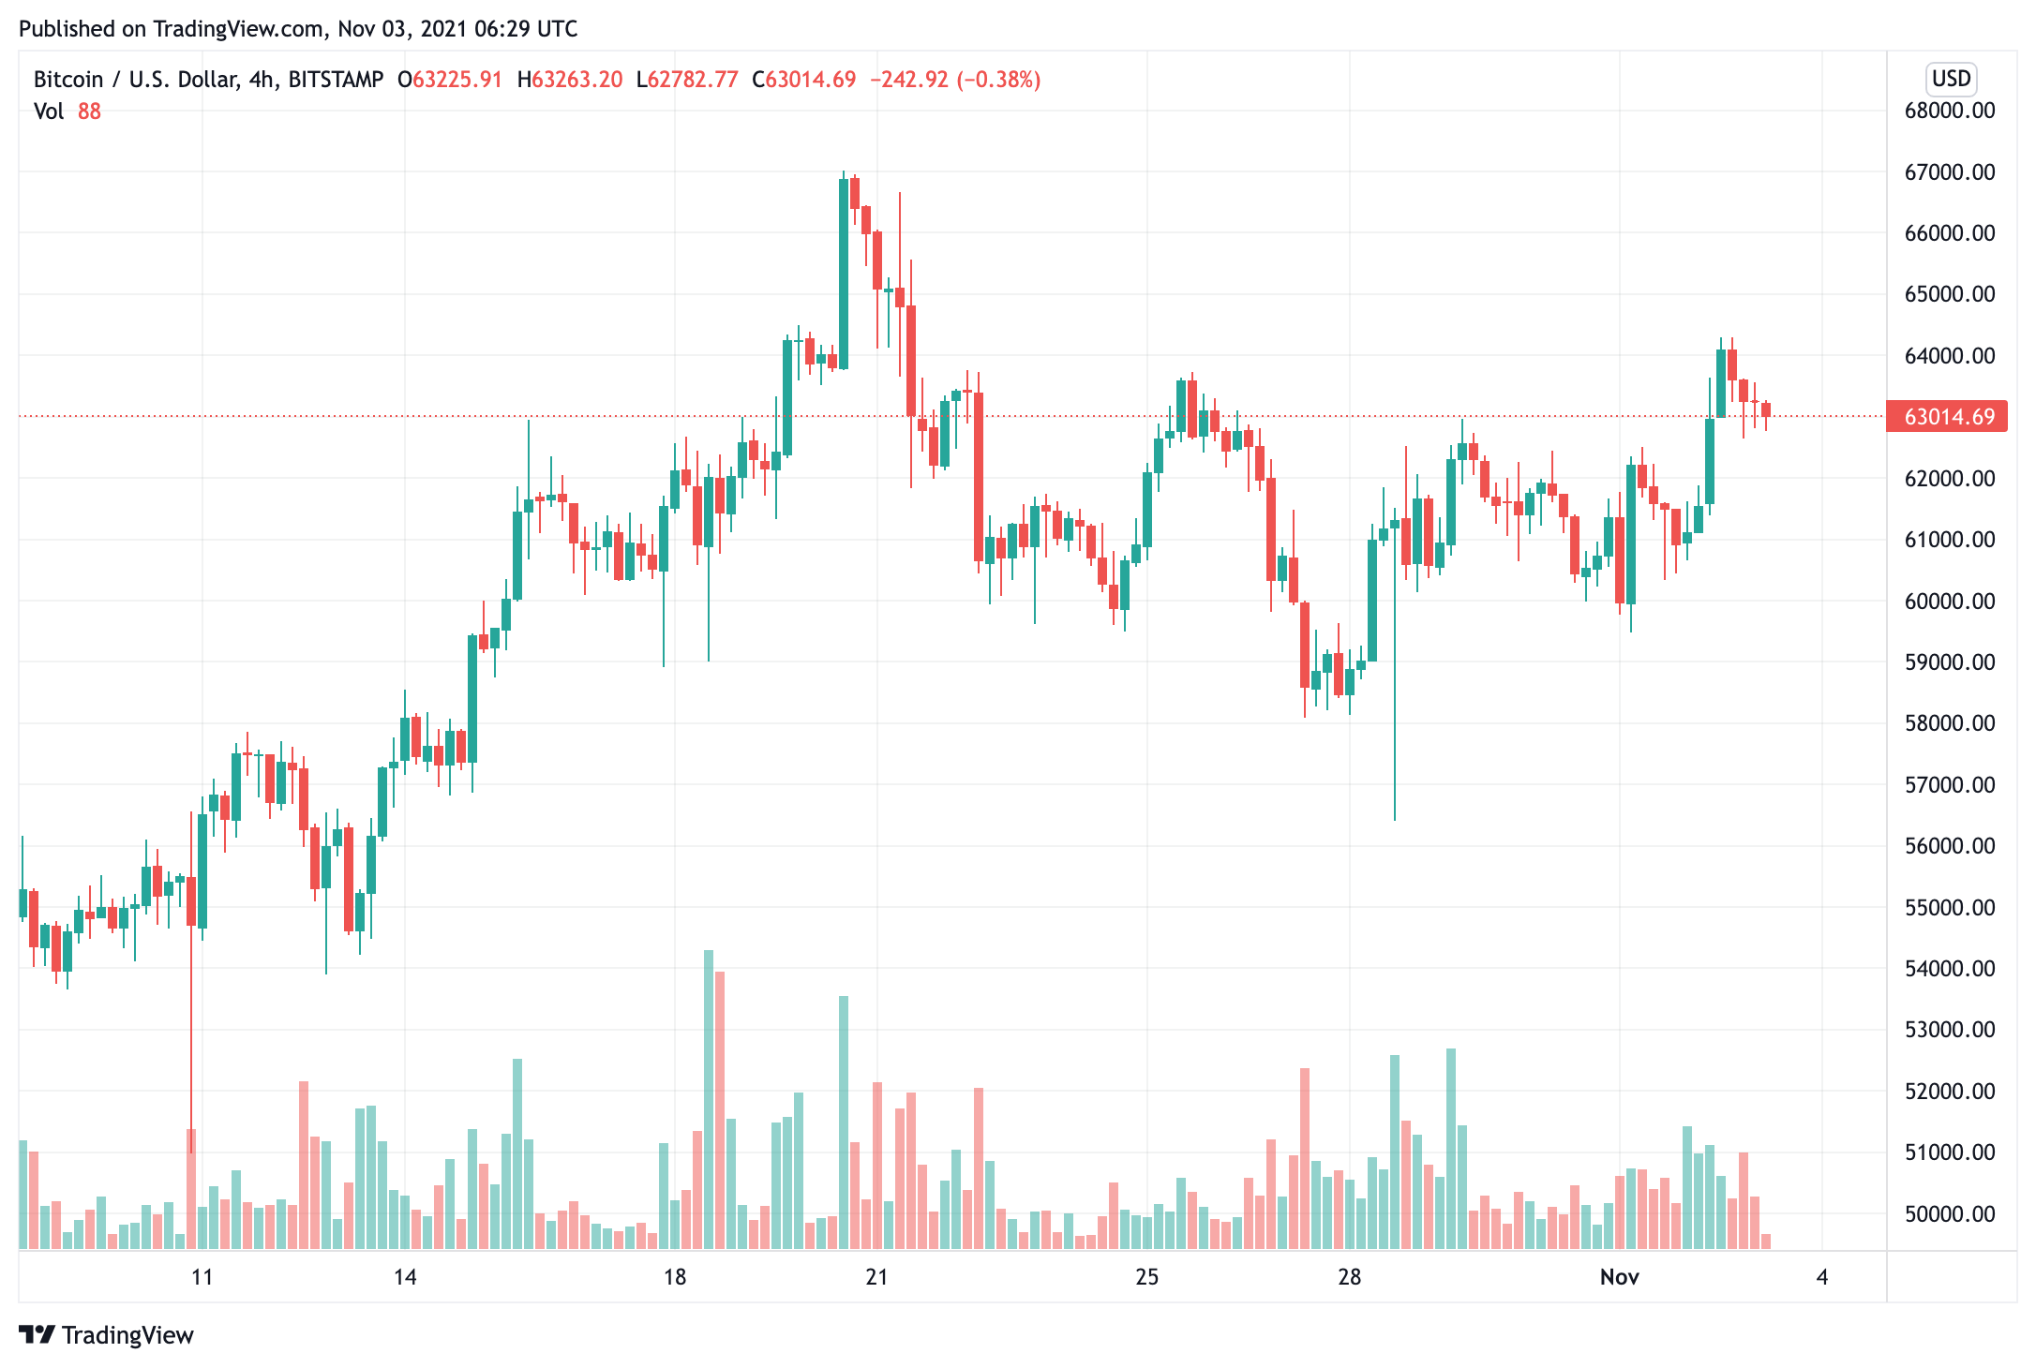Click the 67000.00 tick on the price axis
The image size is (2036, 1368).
point(1949,172)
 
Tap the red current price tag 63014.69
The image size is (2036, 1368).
point(1947,416)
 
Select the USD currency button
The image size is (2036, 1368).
point(1951,79)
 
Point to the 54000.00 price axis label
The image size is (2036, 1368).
point(1949,969)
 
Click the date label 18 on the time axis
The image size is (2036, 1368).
point(674,1277)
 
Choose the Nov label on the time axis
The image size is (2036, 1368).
point(1619,1277)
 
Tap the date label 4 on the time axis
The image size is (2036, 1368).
point(1821,1277)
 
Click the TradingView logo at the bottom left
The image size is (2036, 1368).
point(106,1334)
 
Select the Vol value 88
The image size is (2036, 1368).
point(89,112)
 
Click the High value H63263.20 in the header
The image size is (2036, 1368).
point(570,80)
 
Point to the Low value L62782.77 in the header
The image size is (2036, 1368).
point(687,80)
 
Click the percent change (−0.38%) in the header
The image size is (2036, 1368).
point(998,80)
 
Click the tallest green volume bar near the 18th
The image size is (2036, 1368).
point(709,1096)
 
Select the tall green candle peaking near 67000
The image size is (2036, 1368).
point(844,272)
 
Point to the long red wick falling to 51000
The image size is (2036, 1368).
point(191,1031)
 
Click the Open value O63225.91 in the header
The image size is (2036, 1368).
point(450,80)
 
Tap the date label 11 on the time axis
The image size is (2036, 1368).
point(202,1277)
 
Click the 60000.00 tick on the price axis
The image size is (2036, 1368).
point(1949,602)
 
